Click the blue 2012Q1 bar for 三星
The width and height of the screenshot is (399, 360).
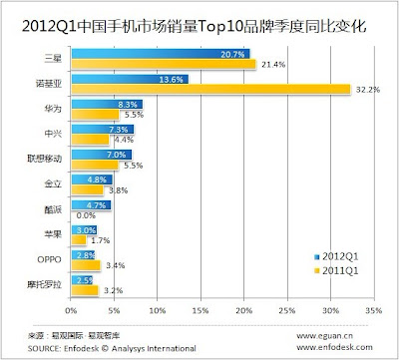point(161,54)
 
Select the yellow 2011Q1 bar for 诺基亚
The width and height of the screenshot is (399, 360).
point(210,89)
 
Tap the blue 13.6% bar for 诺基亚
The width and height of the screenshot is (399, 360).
point(130,79)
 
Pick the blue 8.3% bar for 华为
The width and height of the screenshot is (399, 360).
point(107,105)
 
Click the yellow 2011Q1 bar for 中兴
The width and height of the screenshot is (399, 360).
point(90,140)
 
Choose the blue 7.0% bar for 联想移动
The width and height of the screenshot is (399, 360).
point(102,155)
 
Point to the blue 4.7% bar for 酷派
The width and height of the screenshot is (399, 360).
point(91,205)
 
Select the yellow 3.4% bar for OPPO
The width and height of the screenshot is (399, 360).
point(86,265)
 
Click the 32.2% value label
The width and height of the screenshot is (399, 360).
point(368,90)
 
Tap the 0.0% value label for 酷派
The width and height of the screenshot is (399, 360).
point(86,215)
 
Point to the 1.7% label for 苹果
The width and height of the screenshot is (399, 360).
point(101,240)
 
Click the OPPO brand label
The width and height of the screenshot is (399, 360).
point(49,259)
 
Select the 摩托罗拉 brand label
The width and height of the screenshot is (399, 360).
point(45,284)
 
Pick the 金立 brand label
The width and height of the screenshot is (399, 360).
point(53,183)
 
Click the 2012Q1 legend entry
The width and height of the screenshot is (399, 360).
point(336,256)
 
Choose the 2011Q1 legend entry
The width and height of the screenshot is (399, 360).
point(336,270)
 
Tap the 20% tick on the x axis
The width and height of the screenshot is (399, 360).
point(244,311)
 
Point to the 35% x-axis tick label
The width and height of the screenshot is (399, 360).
point(374,311)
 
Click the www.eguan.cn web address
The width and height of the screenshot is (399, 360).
point(324,336)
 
